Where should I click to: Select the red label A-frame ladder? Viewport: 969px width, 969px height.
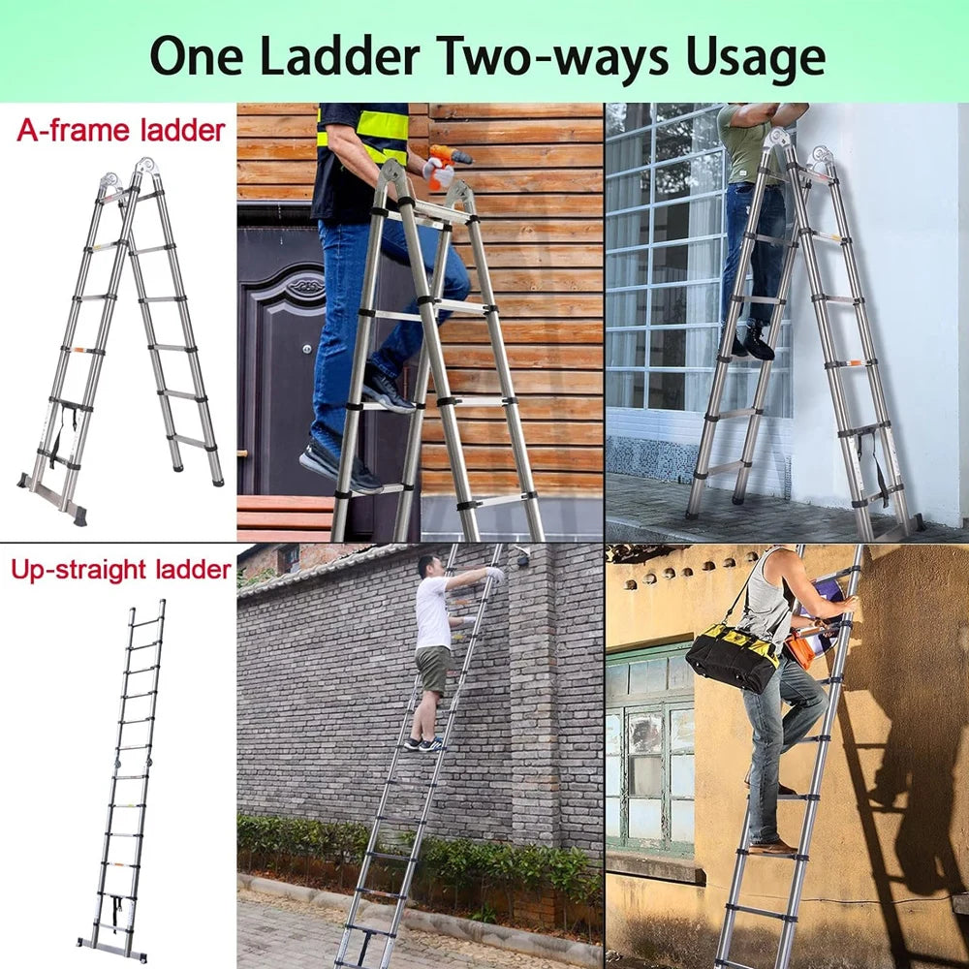pos(120,130)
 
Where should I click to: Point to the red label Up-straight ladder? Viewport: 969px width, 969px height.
pos(120,569)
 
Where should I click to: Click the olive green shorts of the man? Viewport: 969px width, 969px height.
pos(432,669)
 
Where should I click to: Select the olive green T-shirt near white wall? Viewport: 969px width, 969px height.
pos(741,145)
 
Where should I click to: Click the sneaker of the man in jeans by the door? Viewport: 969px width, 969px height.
pos(339,467)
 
